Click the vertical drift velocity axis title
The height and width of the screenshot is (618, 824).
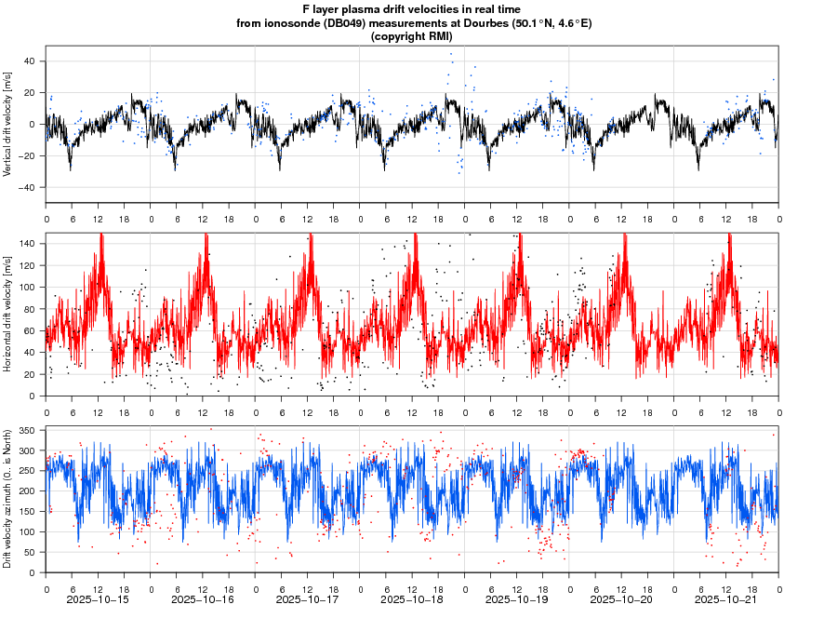pyautogui.click(x=7, y=124)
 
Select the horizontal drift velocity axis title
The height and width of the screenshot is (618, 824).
pyautogui.click(x=7, y=314)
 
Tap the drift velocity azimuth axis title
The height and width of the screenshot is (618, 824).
pyautogui.click(x=7, y=499)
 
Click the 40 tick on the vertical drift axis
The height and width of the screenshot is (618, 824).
pyautogui.click(x=30, y=61)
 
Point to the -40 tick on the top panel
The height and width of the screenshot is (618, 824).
pyautogui.click(x=27, y=187)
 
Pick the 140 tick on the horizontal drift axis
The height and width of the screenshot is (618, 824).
pyautogui.click(x=26, y=243)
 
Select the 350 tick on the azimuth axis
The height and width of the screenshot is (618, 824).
pyautogui.click(x=26, y=431)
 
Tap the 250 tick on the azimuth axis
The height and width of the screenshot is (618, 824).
pyautogui.click(x=26, y=471)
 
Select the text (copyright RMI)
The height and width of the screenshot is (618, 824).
pyautogui.click(x=412, y=36)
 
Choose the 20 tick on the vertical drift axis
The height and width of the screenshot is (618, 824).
pyautogui.click(x=30, y=93)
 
